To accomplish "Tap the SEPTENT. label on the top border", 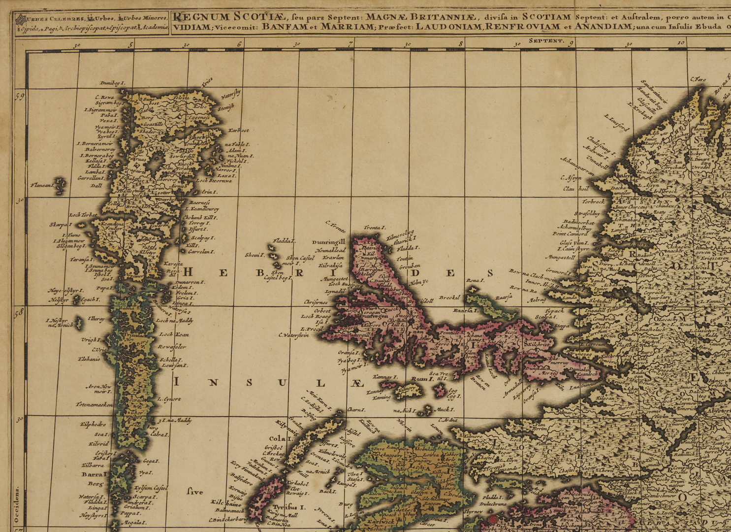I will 546,41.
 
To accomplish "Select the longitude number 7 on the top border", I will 350,44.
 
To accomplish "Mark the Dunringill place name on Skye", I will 328,242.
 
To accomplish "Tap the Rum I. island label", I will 421,379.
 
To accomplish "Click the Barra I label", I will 94,474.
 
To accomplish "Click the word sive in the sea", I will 195,491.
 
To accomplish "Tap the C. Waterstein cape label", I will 293,335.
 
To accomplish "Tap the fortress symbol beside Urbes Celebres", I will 21,20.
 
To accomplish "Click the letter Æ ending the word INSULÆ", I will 358,383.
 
